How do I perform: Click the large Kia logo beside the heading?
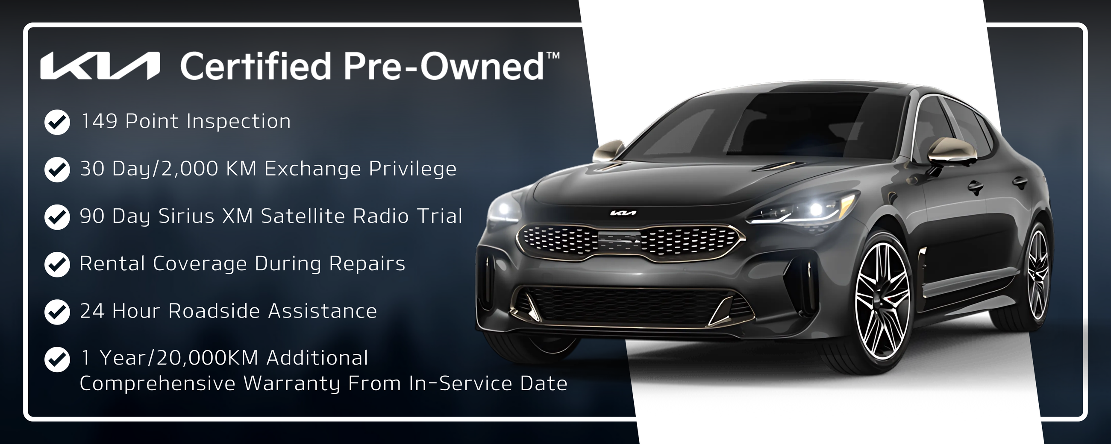coord(100,66)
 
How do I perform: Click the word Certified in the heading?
coord(254,66)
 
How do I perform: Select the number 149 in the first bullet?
coord(99,121)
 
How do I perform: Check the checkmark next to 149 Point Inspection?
coord(57,123)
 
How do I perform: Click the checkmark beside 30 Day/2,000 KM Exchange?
coord(57,169)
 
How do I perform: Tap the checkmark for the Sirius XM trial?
coord(57,217)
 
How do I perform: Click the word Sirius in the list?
coord(186,216)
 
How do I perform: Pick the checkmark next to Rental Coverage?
coord(57,265)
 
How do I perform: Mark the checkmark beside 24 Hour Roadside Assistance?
coord(57,312)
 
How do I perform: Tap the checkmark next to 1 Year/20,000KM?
coord(57,359)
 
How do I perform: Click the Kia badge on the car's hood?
coord(623,213)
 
